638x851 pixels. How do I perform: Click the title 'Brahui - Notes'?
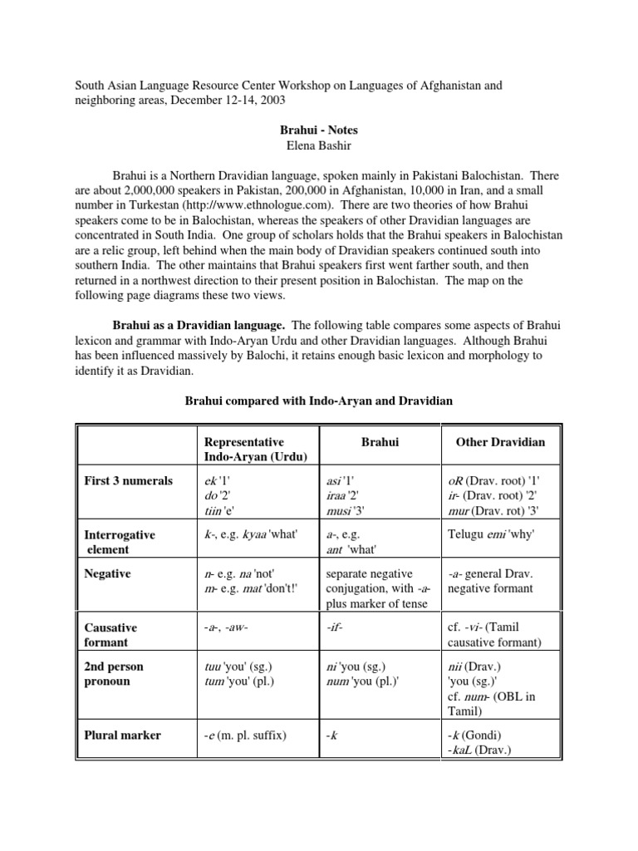[x=319, y=130]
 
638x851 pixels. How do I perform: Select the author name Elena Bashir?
[x=319, y=145]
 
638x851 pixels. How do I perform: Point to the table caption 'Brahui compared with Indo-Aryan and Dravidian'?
[x=318, y=401]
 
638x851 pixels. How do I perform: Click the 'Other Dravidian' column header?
[x=500, y=442]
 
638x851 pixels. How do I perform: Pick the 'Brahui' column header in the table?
[x=380, y=442]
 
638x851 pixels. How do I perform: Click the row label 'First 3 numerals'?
[x=129, y=481]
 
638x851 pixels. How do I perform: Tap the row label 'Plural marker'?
[x=122, y=735]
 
